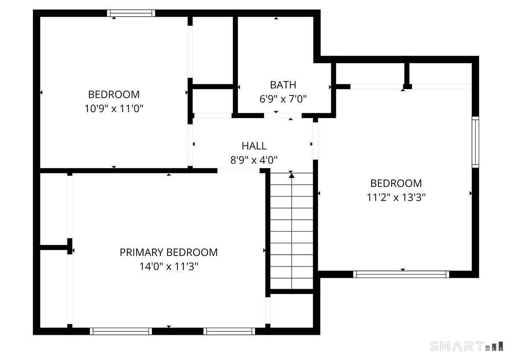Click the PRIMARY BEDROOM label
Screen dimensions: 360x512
click(x=169, y=252)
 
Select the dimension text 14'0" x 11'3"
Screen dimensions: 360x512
click(x=169, y=267)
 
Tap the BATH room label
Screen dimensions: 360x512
click(x=283, y=84)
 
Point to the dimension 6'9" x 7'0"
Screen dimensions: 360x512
click(x=283, y=99)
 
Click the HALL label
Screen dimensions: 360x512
click(x=254, y=146)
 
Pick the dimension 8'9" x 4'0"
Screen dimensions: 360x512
click(x=254, y=160)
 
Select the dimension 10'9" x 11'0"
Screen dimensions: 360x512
click(x=113, y=109)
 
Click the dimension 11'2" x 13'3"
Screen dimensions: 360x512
click(x=396, y=197)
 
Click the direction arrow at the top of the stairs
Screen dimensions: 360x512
click(x=291, y=174)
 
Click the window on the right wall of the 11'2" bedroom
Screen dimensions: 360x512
click(x=475, y=142)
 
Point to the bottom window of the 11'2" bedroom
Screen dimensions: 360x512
click(x=401, y=274)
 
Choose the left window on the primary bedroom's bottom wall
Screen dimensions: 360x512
click(x=121, y=331)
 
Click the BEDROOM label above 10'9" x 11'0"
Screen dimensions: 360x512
click(x=113, y=94)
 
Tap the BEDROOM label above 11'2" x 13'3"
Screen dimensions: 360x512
click(x=396, y=183)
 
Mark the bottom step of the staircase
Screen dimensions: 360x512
click(x=291, y=282)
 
